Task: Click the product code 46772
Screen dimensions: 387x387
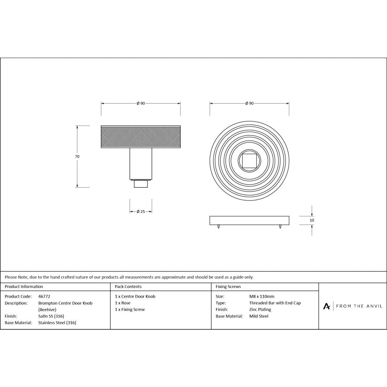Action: (44, 296)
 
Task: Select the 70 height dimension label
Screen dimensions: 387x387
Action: (77, 156)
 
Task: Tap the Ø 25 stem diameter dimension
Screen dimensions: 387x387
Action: (140, 211)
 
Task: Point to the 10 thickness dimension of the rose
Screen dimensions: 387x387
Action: (312, 220)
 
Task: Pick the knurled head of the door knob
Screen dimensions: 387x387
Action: (140, 137)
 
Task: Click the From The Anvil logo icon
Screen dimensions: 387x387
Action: (327, 306)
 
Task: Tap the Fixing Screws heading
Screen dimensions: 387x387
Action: (228, 287)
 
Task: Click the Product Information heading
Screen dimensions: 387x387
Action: (24, 287)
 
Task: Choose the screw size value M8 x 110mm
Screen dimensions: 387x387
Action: (262, 296)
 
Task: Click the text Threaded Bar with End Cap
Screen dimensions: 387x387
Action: (275, 303)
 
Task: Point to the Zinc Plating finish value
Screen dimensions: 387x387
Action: (260, 310)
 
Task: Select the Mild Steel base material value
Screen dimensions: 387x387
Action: (259, 316)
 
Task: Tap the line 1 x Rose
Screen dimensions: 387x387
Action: (123, 303)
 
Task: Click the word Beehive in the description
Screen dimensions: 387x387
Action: (47, 310)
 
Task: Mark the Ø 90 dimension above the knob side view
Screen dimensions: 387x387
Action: (140, 103)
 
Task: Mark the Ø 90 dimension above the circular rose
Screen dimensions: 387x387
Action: (249, 103)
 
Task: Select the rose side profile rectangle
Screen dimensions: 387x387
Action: (249, 220)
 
